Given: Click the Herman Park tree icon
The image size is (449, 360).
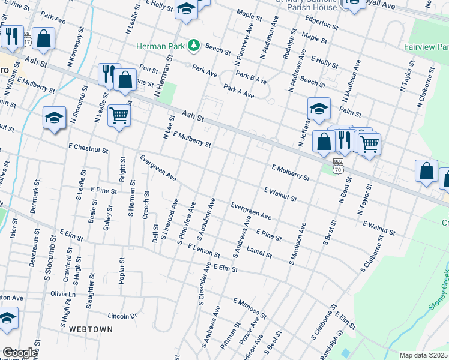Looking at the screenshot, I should click(x=194, y=46).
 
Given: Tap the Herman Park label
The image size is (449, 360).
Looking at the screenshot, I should click(x=161, y=46).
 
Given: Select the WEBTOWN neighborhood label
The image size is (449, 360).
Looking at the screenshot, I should click(x=89, y=329).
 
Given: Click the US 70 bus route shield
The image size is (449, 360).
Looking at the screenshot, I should click(x=339, y=166).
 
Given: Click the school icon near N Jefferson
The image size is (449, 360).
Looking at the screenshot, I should click(x=319, y=109).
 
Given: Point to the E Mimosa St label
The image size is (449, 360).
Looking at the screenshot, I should click(x=250, y=307).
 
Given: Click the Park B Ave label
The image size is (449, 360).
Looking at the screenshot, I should click(x=251, y=76).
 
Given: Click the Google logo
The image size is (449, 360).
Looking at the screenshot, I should click(x=20, y=353).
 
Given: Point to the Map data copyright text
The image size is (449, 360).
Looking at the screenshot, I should click(x=423, y=355).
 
